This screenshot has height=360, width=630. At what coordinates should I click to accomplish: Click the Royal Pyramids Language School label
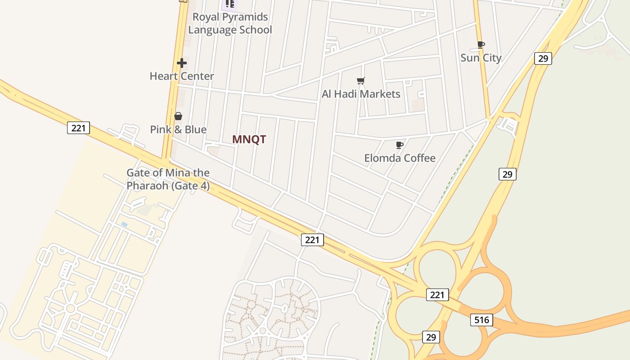coord(230,23)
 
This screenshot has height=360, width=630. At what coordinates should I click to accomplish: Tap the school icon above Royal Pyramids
coord(230,4)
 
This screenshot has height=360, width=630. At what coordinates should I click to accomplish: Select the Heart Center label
coord(182,76)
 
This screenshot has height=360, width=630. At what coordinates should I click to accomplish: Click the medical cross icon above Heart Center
coord(182,63)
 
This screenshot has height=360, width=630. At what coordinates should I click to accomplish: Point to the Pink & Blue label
coord(178,130)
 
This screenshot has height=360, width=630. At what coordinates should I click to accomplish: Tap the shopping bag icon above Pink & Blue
coord(178,116)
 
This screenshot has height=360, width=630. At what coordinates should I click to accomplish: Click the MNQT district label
coord(249,139)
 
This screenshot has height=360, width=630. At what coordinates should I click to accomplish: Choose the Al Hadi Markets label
coord(361,94)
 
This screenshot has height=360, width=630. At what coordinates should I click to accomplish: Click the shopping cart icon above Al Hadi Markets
coord(360,81)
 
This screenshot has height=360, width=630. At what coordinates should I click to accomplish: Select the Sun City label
coord(481,58)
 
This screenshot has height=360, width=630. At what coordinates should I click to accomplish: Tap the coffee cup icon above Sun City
coord(481,45)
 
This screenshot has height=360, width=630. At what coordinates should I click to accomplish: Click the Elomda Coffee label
coord(400,158)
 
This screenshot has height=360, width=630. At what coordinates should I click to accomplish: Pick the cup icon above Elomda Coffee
coord(399,145)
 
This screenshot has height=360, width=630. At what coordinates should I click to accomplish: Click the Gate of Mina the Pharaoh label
coord(168,179)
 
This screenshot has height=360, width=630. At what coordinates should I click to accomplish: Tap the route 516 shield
coord(481,320)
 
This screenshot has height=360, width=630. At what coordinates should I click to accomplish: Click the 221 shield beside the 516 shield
coord(437,295)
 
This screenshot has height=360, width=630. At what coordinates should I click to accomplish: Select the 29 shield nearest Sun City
coord(543,58)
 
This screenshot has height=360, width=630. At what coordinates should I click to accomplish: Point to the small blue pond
coord(124,224)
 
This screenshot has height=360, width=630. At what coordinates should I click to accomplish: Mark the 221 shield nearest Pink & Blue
coord(78,128)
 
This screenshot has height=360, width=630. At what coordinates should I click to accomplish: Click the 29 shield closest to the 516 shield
coord(431,337)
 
